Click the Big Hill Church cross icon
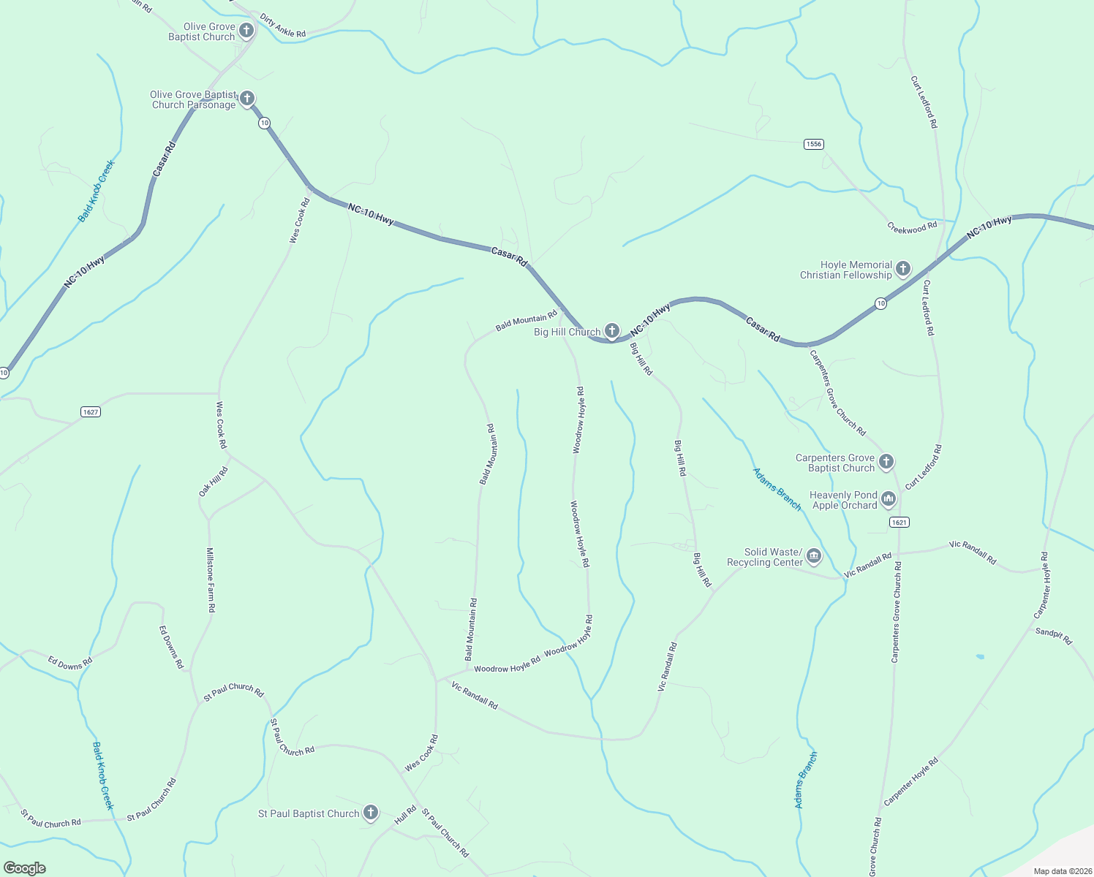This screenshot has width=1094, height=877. point(612,331)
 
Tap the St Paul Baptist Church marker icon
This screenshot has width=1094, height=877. point(371,813)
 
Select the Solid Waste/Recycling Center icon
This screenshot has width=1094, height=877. point(814,558)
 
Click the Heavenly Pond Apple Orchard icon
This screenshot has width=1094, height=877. point(889,499)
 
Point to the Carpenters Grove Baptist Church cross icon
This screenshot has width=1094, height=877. point(886,462)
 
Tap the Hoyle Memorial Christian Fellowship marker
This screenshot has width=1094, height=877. point(903,269)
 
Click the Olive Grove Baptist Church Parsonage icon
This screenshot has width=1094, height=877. point(247,99)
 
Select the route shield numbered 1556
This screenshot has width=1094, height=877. point(814,144)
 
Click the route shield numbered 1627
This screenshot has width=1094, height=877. point(90,412)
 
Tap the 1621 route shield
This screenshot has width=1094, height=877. point(899,522)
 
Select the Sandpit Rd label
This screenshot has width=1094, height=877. point(1054,635)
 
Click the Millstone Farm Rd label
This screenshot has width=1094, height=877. point(211,580)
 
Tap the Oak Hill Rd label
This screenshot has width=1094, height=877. point(214,482)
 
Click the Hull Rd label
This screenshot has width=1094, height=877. point(405,814)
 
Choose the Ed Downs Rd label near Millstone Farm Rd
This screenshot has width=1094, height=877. point(172,647)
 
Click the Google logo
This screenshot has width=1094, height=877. point(24,868)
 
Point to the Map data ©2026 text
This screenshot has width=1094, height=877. point(1062,871)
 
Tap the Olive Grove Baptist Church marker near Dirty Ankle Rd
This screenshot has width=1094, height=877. point(246,31)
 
